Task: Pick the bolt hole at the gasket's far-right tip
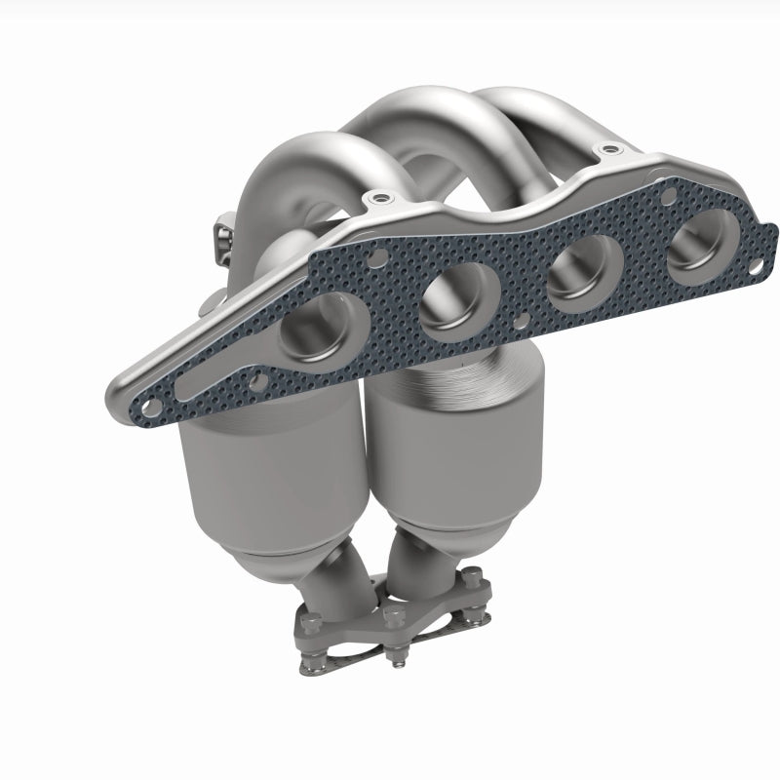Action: point(763,233)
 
